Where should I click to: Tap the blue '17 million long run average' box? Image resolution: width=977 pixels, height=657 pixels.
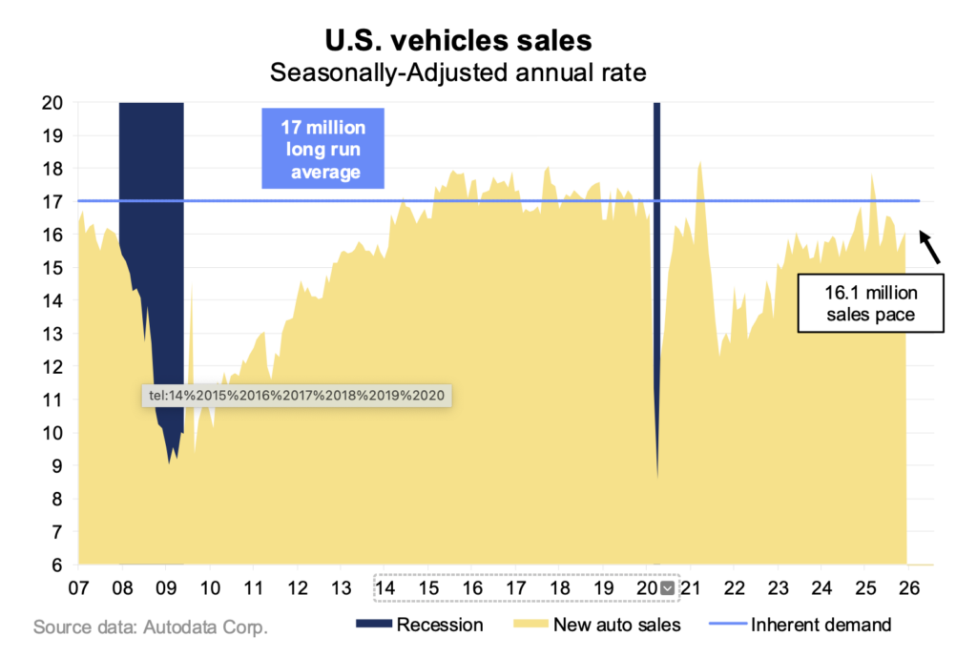click(x=322, y=150)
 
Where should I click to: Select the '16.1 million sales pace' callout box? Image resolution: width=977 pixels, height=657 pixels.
click(x=870, y=304)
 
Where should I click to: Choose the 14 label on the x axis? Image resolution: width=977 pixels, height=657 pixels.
click(x=385, y=587)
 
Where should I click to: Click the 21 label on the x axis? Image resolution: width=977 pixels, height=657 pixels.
click(x=691, y=587)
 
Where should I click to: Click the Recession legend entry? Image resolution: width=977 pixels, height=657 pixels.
click(x=419, y=626)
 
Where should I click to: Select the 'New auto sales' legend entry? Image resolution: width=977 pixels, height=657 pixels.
click(x=601, y=626)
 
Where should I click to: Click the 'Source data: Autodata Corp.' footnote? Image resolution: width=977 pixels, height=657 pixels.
click(x=151, y=627)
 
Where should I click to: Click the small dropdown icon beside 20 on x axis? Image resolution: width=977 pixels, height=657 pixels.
click(x=668, y=588)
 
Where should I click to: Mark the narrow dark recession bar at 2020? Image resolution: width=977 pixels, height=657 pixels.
click(x=656, y=238)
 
